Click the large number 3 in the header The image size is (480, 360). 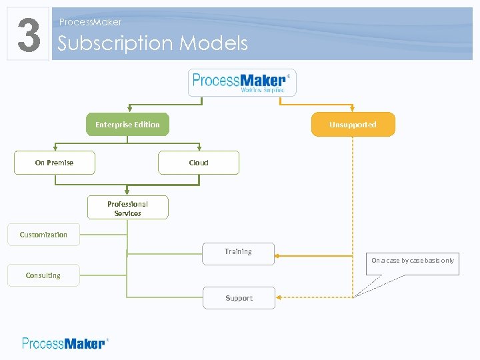[x=28, y=34]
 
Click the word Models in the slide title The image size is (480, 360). [x=213, y=43]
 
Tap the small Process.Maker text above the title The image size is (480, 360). [x=90, y=22]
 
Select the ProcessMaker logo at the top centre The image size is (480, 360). [x=241, y=83]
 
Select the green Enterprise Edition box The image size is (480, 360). [x=127, y=125]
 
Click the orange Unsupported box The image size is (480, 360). [x=353, y=125]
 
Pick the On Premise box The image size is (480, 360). [x=55, y=163]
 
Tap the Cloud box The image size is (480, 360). [x=199, y=163]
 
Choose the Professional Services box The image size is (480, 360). [x=127, y=208]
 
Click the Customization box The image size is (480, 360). [x=43, y=235]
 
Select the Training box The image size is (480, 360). [x=238, y=253]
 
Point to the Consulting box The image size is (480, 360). [x=43, y=275]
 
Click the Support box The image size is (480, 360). [x=239, y=298]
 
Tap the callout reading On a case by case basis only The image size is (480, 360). [x=413, y=261]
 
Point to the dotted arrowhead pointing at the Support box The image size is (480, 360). [x=278, y=297]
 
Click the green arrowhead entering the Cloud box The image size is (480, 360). [x=199, y=148]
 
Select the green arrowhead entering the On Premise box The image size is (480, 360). [x=55, y=148]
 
